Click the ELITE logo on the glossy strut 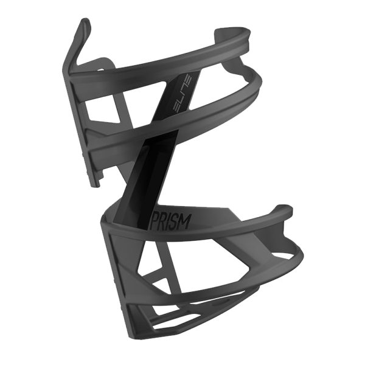pos(183,94)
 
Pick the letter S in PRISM pos(176,221)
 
